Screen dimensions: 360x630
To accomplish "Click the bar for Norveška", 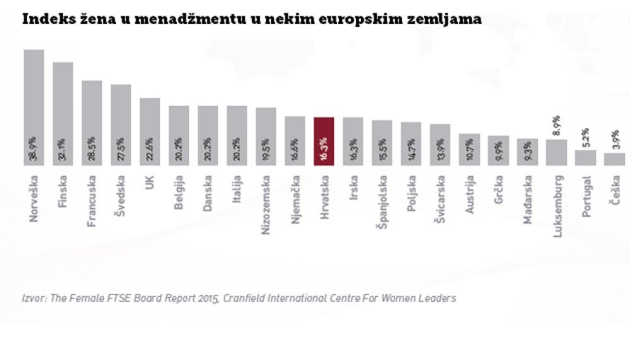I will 33,107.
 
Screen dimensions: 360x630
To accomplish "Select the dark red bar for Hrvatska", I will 323,141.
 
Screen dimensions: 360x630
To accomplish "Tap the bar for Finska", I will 62,113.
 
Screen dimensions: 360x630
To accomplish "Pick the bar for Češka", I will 614,159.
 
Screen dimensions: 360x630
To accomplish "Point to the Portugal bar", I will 585,157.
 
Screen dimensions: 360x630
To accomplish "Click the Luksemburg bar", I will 556,152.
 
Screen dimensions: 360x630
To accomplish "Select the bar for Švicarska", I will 440,144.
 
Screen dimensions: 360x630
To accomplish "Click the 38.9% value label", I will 33,152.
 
